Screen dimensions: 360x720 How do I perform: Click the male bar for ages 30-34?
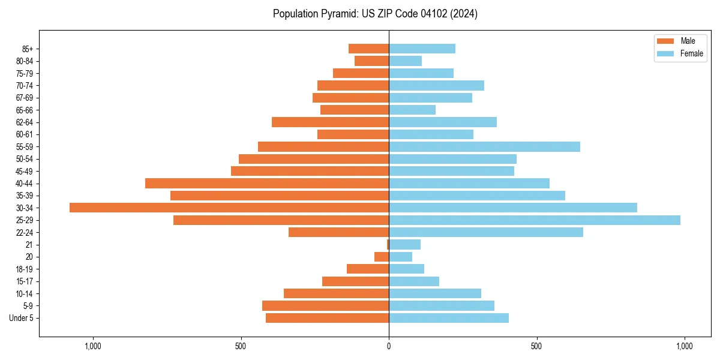tap(229, 208)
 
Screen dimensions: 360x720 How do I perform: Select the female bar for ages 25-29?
tap(535, 220)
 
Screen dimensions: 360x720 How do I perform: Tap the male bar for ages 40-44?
tap(267, 183)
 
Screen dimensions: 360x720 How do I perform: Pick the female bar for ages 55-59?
tap(484, 146)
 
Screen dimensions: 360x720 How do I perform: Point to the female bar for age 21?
tap(404, 244)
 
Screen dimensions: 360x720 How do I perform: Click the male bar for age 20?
tap(382, 257)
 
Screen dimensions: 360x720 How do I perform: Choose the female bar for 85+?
tap(422, 49)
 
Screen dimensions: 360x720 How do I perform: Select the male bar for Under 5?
tap(327, 318)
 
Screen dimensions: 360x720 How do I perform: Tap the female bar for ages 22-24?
tap(486, 232)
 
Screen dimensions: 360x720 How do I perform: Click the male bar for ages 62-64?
tap(330, 122)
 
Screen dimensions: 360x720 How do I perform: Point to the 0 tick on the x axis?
tap(389, 346)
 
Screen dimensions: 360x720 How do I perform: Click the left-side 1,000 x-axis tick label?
tap(93, 346)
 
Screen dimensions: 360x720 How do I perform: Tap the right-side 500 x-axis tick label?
tap(536, 346)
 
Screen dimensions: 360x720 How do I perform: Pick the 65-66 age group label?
tap(25, 110)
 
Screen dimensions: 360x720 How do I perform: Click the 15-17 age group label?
tap(25, 281)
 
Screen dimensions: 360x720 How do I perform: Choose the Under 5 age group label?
tap(21, 318)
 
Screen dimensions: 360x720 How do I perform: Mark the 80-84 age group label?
tap(25, 61)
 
